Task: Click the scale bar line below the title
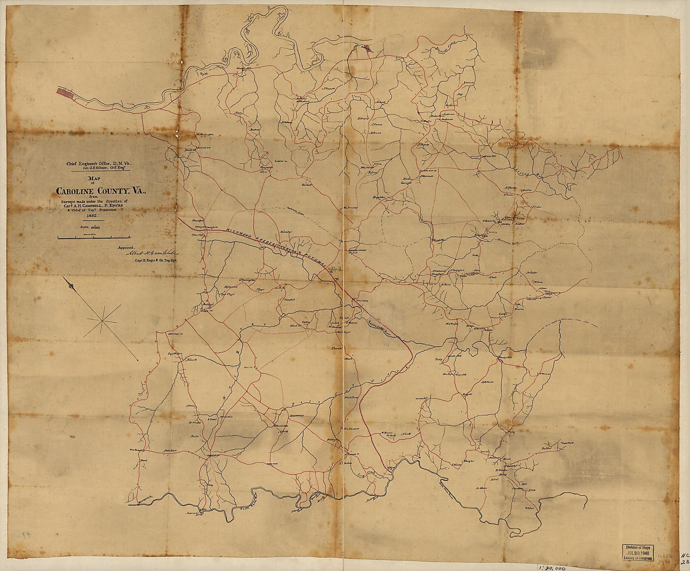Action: pos(95,238)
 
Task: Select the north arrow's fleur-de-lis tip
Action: pos(71,286)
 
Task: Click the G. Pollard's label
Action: pos(487,382)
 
